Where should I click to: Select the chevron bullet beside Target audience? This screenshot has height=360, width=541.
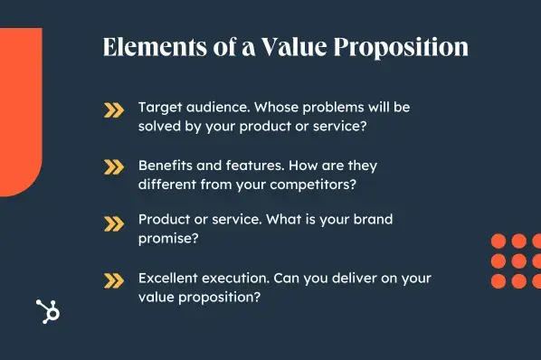click(x=113, y=111)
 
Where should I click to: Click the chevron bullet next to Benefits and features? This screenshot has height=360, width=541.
click(x=113, y=166)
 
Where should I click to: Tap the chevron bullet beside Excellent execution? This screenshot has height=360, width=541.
click(x=113, y=279)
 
